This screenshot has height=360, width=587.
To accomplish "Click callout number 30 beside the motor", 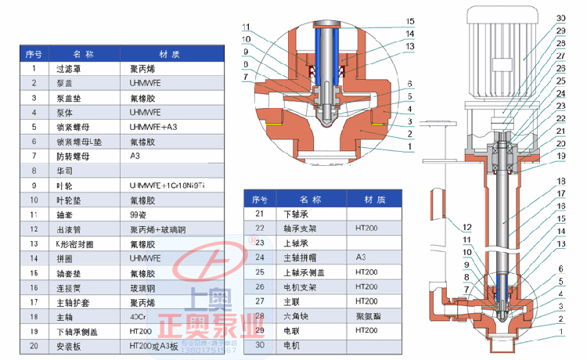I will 560,18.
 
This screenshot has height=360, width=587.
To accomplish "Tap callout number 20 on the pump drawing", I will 560,143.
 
